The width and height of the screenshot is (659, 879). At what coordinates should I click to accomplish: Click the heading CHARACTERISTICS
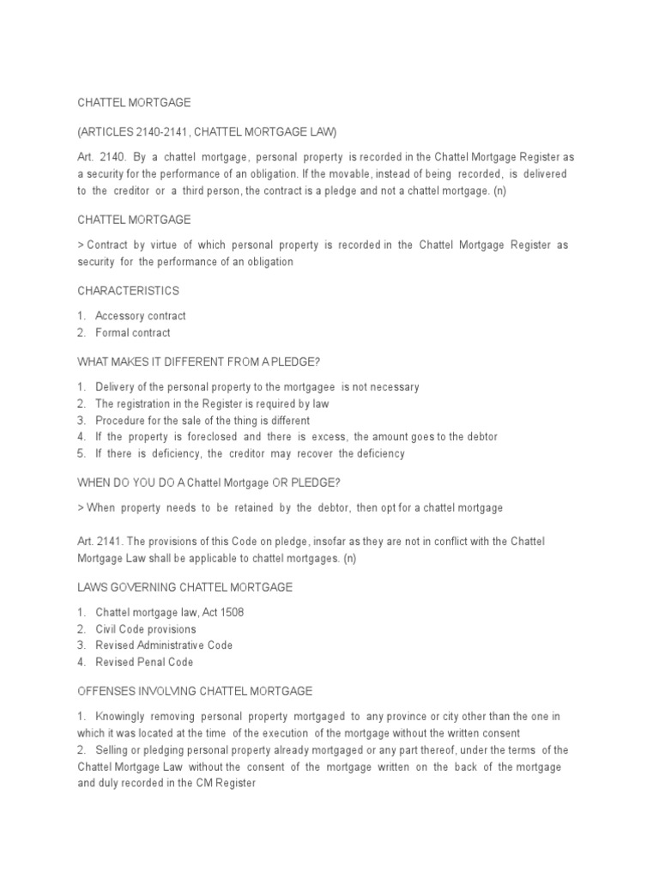pos(128,291)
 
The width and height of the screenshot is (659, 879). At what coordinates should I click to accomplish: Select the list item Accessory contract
pos(140,316)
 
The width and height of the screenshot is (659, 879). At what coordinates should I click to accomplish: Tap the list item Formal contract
pos(133,333)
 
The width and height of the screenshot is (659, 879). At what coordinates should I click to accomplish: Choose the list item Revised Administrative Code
pos(164,646)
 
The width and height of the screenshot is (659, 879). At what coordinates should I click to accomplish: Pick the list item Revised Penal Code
pos(144,663)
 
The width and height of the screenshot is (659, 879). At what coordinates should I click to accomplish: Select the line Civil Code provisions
pos(146,629)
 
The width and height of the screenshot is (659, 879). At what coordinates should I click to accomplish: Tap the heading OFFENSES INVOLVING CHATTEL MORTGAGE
pos(195,691)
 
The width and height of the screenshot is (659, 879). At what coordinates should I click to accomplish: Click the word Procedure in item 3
pos(119,421)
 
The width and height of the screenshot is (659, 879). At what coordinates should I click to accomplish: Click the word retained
pos(249,508)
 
